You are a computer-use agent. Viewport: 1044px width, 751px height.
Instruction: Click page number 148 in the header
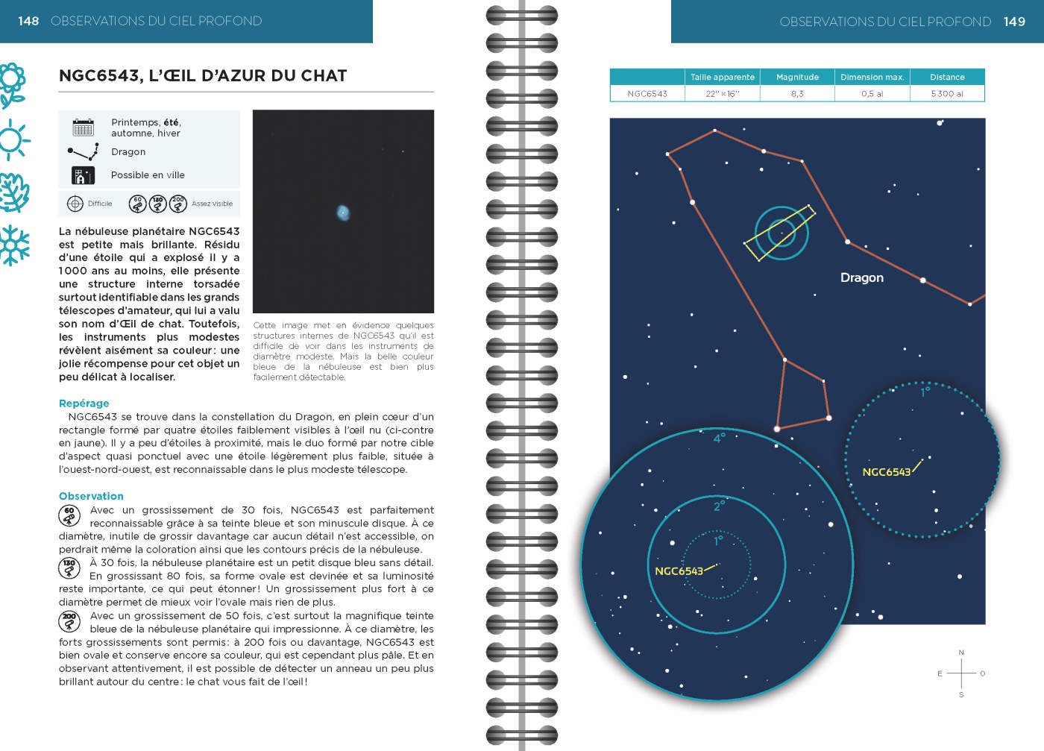[x=28, y=21]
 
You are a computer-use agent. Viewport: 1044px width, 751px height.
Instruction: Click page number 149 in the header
[x=1014, y=22]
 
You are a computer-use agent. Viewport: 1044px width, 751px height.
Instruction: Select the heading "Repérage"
[x=84, y=403]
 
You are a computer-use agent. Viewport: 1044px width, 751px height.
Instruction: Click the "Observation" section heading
[x=91, y=496]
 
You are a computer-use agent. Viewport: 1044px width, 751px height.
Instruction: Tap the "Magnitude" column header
[x=797, y=77]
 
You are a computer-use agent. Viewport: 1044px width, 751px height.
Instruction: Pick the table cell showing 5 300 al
[x=947, y=94]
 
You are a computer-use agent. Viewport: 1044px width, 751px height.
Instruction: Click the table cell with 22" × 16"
[x=722, y=94]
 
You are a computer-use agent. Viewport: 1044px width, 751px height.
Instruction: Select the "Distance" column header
[x=947, y=77]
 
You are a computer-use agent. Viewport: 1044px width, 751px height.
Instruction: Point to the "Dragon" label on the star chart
[x=861, y=277]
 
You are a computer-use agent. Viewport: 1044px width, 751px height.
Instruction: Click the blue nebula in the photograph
[x=343, y=213]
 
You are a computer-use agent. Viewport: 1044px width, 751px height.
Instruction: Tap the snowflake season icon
[x=14, y=245]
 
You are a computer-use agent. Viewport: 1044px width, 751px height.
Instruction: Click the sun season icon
[x=13, y=139]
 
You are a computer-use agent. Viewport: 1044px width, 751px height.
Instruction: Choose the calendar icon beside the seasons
[x=83, y=127]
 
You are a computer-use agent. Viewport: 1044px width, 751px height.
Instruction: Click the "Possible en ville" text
[x=148, y=175]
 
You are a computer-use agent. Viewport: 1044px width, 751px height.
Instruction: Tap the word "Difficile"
[x=100, y=204]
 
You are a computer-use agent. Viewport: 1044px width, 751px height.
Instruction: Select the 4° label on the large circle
[x=719, y=439]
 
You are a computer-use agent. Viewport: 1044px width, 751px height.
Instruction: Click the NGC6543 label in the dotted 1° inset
[x=886, y=472]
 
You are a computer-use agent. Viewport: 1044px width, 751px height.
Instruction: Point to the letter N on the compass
[x=961, y=653]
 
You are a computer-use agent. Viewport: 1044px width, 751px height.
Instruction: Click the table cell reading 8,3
[x=797, y=94]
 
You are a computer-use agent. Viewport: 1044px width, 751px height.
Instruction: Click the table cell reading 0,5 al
[x=872, y=94]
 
